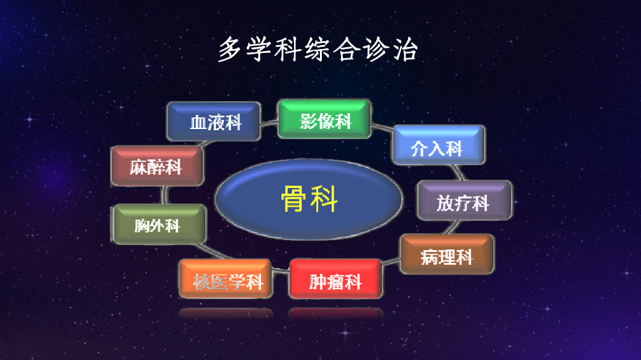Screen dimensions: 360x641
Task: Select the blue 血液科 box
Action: click(x=213, y=122)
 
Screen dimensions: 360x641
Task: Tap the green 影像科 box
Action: click(x=324, y=119)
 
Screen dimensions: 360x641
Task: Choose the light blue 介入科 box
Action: click(x=438, y=145)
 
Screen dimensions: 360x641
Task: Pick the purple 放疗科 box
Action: click(x=464, y=200)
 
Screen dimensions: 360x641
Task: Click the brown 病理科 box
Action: click(x=447, y=254)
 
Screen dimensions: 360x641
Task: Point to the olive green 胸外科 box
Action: click(x=159, y=225)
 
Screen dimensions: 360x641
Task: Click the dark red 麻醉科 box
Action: click(x=156, y=166)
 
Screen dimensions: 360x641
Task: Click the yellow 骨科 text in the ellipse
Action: click(x=309, y=199)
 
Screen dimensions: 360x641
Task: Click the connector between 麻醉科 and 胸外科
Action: click(x=162, y=196)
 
